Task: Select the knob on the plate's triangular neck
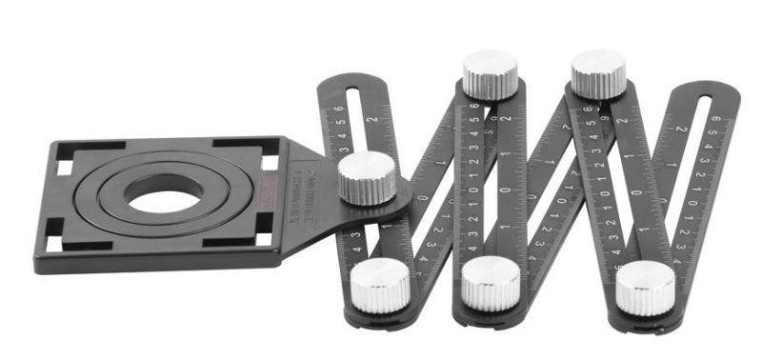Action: (366, 178)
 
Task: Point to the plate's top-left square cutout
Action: (64, 168)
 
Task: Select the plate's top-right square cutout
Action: (270, 162)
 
